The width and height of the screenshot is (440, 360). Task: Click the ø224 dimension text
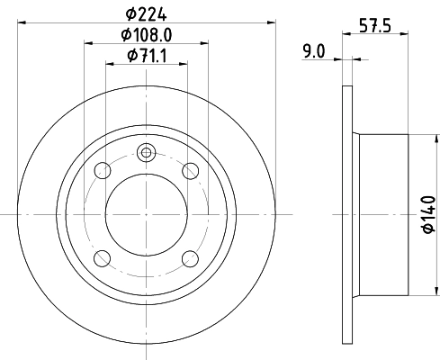click(x=146, y=13)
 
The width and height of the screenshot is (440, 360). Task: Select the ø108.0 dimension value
click(x=146, y=35)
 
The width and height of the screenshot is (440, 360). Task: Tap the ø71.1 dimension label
click(x=146, y=57)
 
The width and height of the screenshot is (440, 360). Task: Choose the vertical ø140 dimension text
click(x=427, y=215)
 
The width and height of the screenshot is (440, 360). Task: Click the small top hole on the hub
click(x=146, y=152)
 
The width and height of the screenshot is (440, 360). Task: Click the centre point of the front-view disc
click(x=146, y=214)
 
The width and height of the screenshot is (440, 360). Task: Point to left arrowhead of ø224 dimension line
click(x=22, y=20)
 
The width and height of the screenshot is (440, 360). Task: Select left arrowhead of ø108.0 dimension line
click(x=88, y=41)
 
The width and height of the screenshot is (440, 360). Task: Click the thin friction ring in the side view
click(x=347, y=214)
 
